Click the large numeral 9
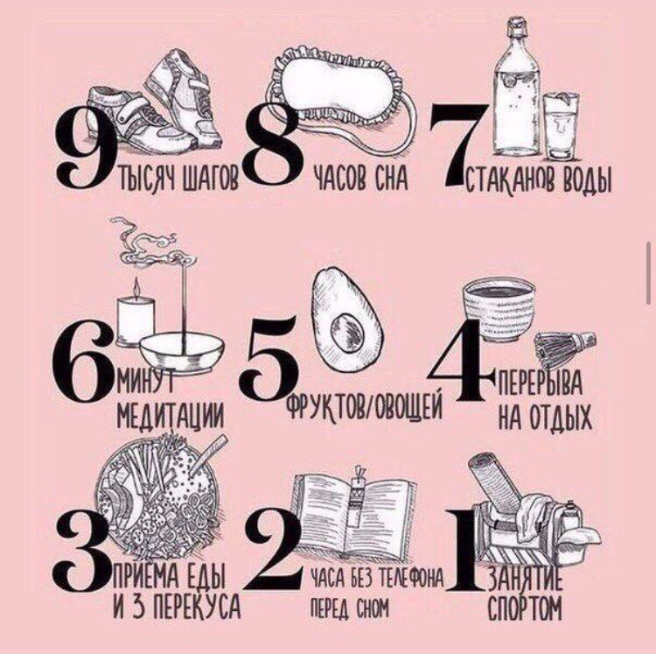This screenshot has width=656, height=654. [86, 146]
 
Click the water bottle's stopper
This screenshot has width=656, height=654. [516, 26]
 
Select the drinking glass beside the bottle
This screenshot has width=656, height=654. [561, 126]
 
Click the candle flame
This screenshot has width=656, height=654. [136, 287]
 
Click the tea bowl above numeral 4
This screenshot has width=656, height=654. [499, 307]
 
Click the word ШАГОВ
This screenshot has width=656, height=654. [210, 178]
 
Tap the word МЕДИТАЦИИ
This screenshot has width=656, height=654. [170, 415]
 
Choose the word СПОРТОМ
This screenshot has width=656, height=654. [525, 608]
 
